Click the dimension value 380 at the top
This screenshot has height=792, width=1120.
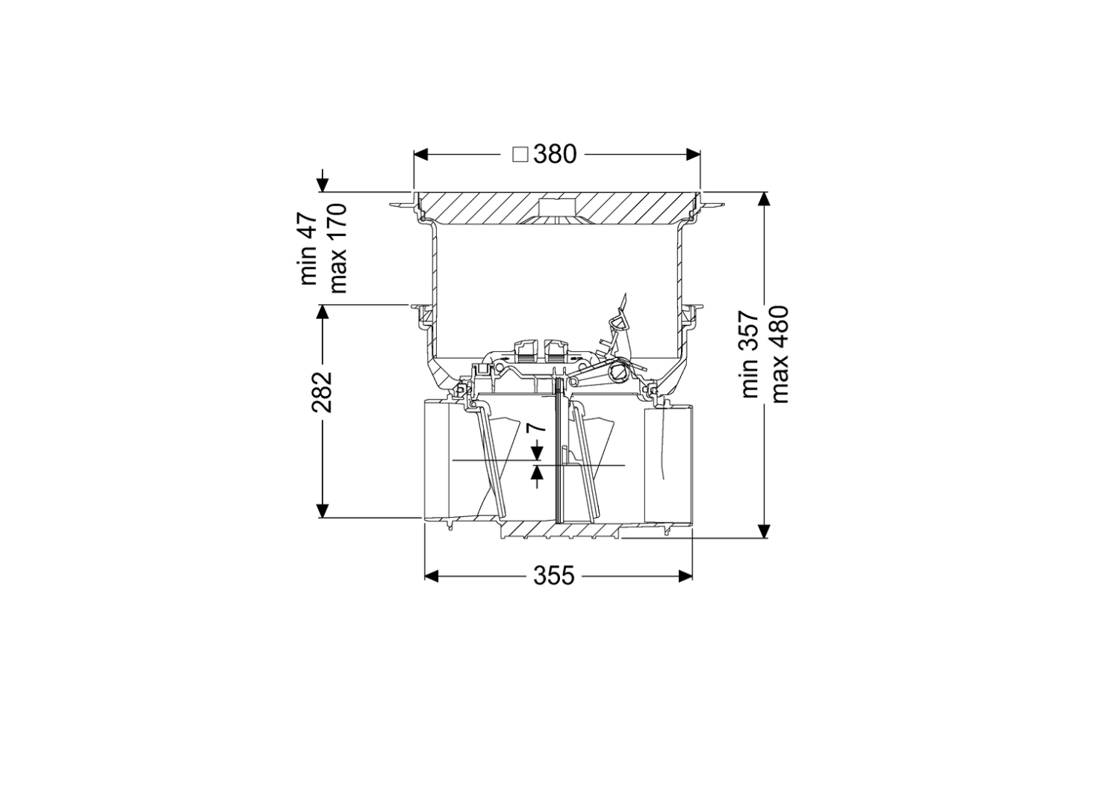555,155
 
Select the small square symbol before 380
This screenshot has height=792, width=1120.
520,155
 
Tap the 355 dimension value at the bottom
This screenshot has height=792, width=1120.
554,576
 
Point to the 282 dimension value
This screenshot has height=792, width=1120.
322,392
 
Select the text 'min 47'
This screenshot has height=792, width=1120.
308,249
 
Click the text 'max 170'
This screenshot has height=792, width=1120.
337,247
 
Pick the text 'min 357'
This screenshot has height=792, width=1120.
750,354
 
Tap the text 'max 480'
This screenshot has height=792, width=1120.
780,354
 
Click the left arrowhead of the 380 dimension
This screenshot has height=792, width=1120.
421,155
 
